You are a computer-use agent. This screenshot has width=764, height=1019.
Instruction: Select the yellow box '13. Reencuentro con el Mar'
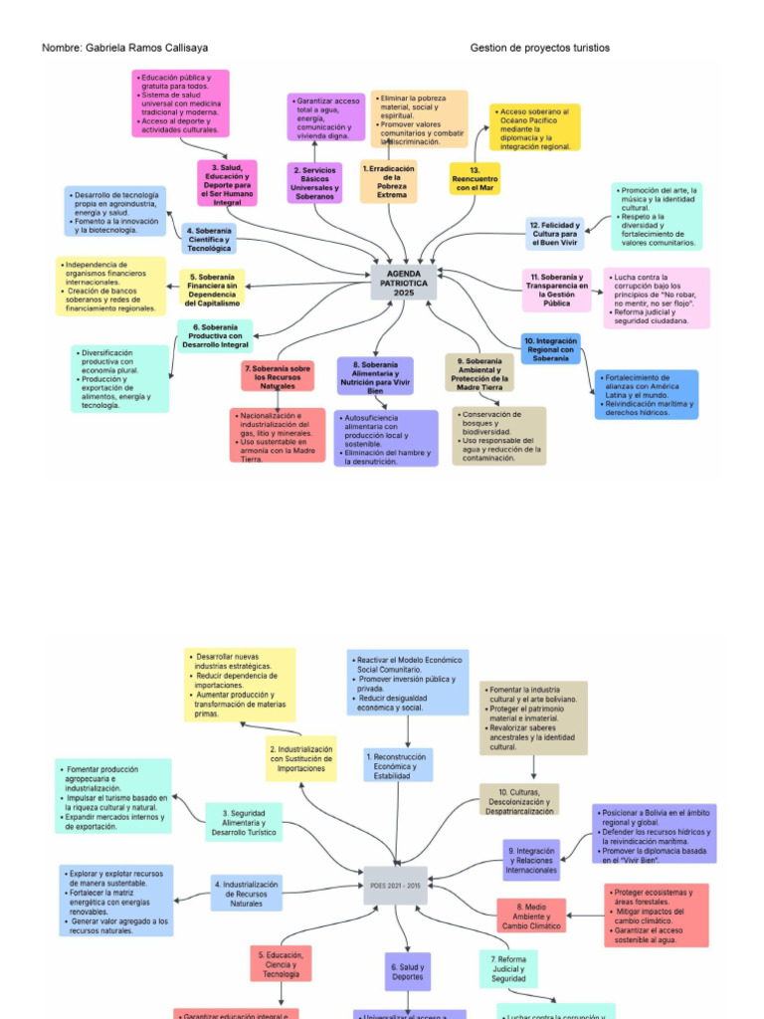click(x=475, y=178)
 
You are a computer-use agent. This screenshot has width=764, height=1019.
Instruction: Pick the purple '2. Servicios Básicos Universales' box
click(x=314, y=183)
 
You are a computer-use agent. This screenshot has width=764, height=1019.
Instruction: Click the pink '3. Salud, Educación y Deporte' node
click(x=227, y=183)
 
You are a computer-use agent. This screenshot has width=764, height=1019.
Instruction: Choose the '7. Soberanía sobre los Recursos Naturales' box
click(x=278, y=376)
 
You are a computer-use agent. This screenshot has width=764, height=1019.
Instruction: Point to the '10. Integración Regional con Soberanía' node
click(x=550, y=348)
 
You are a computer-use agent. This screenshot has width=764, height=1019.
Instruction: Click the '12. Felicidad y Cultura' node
click(x=554, y=234)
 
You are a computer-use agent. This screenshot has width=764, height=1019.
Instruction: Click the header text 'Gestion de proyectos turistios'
click(x=539, y=48)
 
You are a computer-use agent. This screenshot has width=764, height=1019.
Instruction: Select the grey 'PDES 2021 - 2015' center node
click(x=395, y=885)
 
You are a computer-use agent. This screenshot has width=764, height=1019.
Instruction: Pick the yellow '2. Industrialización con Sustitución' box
click(x=301, y=758)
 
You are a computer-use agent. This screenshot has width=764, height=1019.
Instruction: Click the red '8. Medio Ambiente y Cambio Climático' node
click(x=532, y=916)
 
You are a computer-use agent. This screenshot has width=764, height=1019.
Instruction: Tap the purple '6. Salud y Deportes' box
click(x=408, y=971)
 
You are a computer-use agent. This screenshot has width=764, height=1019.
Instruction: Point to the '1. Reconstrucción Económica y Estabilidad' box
click(x=398, y=764)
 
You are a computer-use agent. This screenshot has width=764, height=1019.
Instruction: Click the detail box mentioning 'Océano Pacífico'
click(x=534, y=128)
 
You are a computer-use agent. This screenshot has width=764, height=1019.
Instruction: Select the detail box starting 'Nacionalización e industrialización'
click(x=278, y=436)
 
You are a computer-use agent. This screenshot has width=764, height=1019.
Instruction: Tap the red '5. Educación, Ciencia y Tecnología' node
click(x=281, y=963)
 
